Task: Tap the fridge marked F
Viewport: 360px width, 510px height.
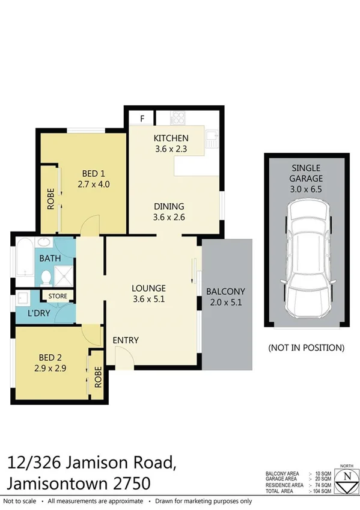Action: point(142,118)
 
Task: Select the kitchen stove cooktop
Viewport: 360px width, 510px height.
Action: point(178,117)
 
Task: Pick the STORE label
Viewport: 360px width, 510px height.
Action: point(58,296)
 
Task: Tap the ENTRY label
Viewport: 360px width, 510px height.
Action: point(126,340)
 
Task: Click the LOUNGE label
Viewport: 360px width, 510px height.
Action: point(148,288)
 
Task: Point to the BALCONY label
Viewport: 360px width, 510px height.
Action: point(225,292)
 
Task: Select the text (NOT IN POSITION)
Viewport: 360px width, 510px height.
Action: point(306,348)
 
